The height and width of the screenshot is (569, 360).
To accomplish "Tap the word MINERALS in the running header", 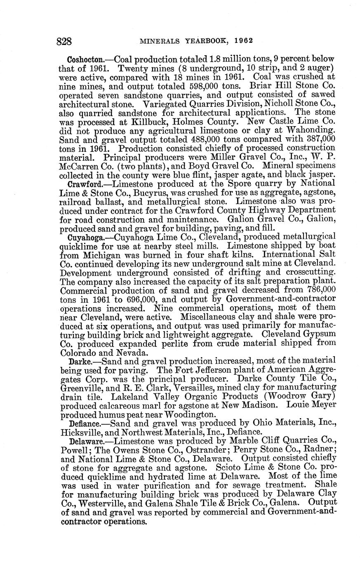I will [158, 41].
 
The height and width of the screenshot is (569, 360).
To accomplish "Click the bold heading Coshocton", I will [85, 59].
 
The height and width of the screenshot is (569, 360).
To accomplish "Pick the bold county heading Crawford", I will [84, 183].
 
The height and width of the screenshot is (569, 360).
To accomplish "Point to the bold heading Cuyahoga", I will [85, 237].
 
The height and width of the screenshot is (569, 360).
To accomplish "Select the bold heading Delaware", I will [85, 441].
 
